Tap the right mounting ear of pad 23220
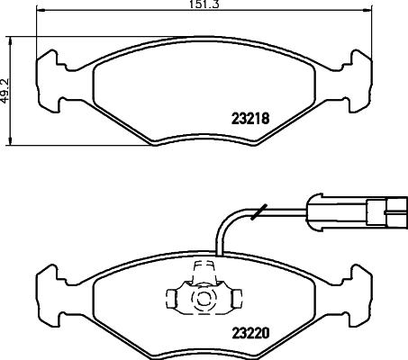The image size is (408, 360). [358, 288]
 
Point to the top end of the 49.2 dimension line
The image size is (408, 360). [11, 37]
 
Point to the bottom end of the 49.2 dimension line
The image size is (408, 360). [11, 142]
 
